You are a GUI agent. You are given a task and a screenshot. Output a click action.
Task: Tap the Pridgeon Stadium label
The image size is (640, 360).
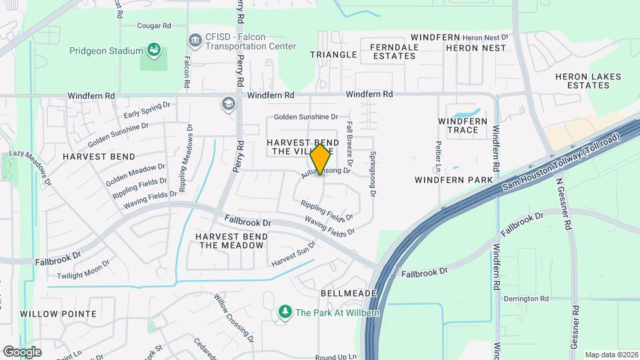106,51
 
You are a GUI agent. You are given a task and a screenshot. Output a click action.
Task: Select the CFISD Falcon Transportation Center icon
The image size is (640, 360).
195,41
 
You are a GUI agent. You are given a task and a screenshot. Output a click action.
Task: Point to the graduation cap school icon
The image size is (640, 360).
229,103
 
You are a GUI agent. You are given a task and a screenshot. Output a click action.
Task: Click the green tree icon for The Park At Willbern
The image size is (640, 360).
285,311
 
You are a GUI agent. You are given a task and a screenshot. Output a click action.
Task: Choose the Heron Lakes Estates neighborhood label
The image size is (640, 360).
588,81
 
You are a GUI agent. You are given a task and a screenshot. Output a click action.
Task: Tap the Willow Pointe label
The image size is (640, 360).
59,313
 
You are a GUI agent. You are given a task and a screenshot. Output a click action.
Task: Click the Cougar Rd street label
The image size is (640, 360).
154,25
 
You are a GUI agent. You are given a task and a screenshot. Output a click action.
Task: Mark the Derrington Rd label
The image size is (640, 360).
527,299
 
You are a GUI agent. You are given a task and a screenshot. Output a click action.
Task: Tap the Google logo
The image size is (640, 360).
22,351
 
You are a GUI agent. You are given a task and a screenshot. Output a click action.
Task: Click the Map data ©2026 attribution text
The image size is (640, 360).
611,355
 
